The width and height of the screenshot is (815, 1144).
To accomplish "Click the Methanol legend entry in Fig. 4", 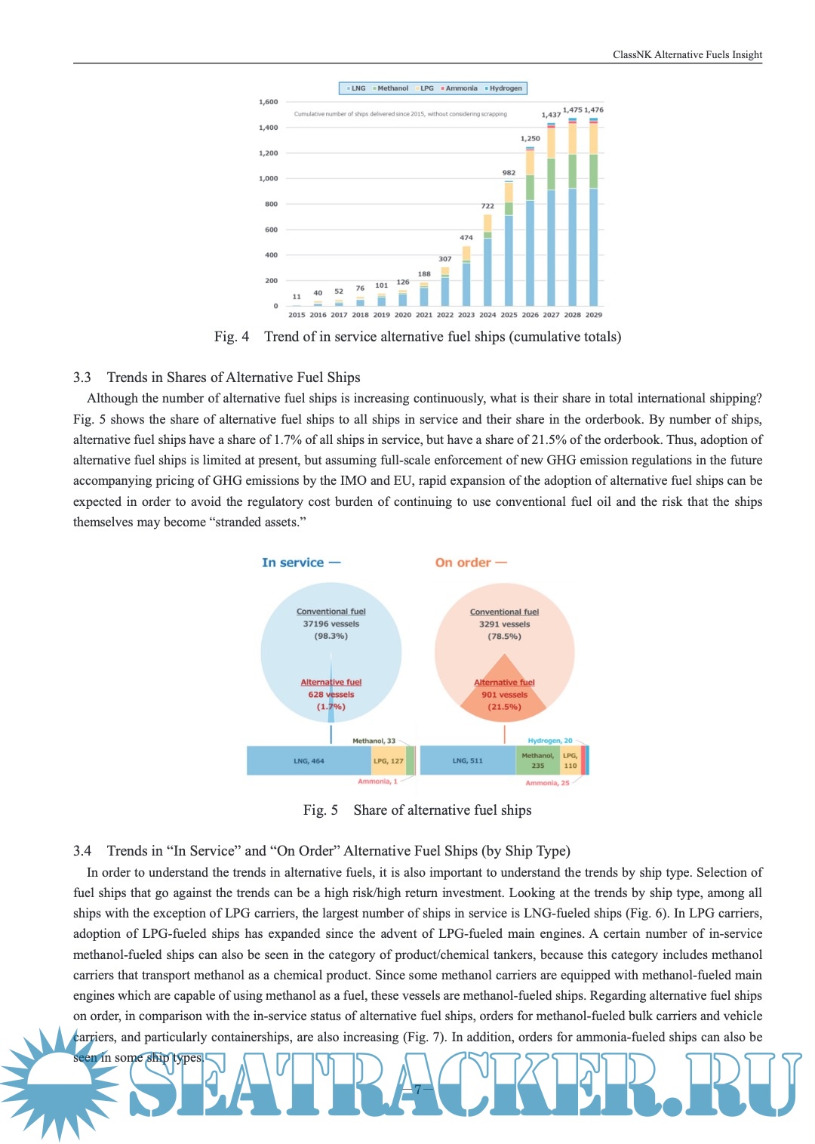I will point(392,88).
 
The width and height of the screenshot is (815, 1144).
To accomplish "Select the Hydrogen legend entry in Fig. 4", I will point(505,88).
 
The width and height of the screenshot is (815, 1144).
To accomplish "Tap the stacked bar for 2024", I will point(488,260).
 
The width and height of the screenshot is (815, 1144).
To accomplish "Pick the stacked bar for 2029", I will point(594,211).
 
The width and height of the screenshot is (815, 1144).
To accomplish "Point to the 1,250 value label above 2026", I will point(531,139).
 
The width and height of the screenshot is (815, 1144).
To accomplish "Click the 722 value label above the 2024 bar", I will point(488,206).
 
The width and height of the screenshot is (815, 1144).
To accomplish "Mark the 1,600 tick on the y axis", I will point(269,102).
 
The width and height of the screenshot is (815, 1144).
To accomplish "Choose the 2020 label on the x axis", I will point(403,315).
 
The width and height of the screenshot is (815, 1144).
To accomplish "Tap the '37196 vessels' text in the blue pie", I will point(331,624).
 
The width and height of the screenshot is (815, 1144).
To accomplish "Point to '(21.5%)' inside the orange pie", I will point(504,707).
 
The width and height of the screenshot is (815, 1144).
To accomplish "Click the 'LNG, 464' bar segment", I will point(309,760).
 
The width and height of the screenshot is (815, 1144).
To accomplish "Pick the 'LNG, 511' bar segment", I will point(467,760).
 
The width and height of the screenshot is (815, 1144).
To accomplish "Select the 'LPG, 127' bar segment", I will point(389,760).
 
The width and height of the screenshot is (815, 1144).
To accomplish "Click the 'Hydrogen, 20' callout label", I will point(550,741).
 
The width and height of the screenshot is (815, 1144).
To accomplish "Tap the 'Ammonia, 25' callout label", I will point(548,783).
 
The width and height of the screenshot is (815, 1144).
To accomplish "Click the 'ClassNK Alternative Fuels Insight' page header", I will point(687,54).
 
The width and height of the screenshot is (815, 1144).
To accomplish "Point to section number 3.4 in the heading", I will point(82,851).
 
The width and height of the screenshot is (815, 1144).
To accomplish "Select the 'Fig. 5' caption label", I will point(321,810).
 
